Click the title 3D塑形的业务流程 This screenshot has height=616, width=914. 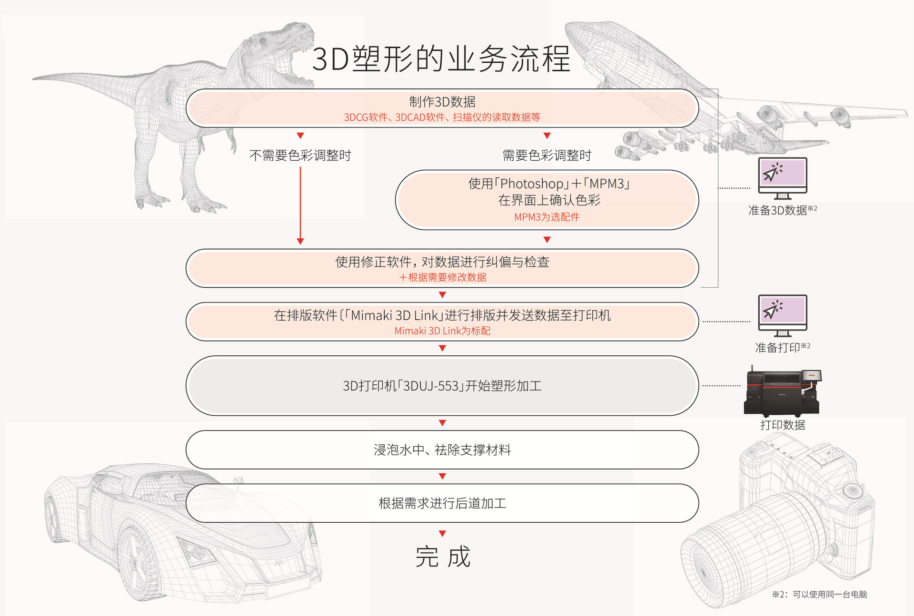(441, 59)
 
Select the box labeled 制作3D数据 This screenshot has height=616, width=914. (442, 108)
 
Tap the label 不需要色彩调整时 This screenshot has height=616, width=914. (300, 156)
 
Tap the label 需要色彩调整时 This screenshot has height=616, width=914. (547, 156)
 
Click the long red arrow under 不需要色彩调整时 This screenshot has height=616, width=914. (300, 205)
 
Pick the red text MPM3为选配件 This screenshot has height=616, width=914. (547, 217)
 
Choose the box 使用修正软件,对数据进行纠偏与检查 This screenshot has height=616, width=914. (442, 268)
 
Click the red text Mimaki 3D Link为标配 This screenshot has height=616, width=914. (442, 331)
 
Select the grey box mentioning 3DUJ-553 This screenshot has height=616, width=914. (442, 386)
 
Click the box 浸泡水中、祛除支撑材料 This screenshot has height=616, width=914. (442, 450)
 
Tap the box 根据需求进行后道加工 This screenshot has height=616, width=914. (442, 503)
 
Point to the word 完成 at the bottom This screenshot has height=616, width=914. (443, 557)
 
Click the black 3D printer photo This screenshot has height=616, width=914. (782, 392)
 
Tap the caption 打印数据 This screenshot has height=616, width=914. (783, 425)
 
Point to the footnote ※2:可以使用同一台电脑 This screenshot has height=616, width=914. (819, 595)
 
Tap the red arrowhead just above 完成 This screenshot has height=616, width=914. (442, 534)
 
